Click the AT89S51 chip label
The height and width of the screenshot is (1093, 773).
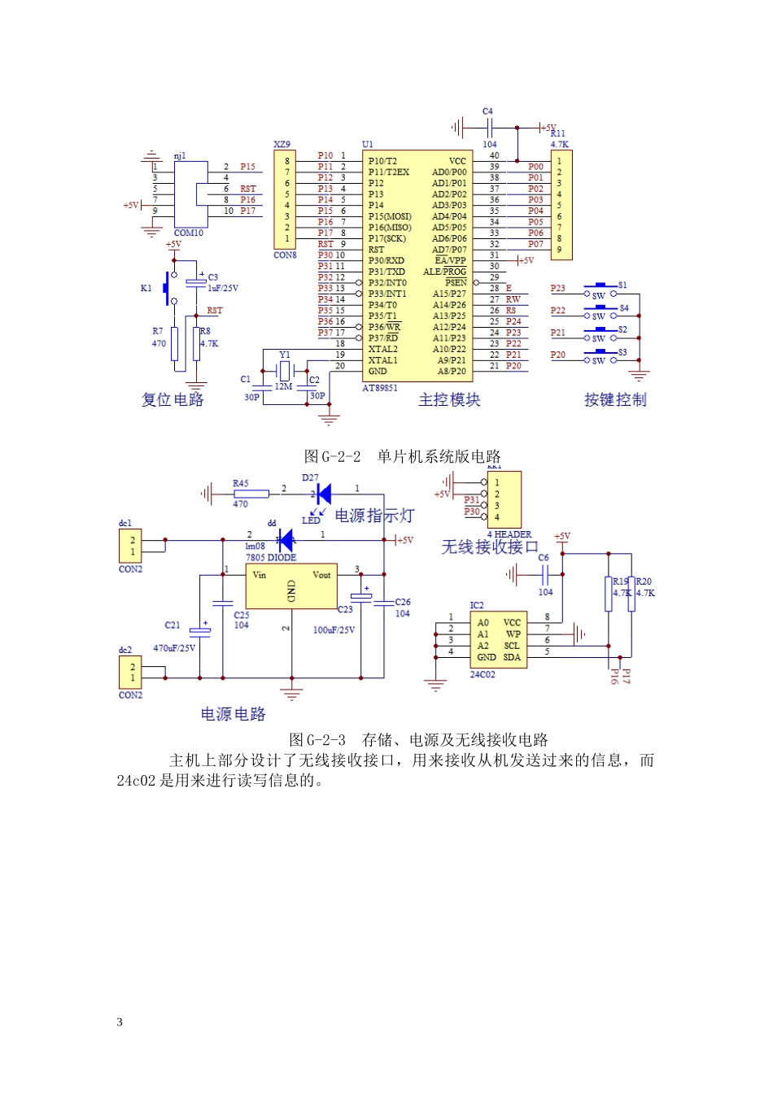379,388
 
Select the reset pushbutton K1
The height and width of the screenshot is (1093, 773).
168,289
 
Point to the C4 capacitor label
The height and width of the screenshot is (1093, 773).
487,111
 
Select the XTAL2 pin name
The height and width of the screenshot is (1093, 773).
382,349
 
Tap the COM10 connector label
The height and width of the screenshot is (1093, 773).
189,233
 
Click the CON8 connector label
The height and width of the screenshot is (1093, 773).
285,255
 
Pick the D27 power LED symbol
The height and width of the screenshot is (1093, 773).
323,493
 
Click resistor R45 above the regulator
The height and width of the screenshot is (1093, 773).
251,494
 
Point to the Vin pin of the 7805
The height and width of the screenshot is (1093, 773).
260,575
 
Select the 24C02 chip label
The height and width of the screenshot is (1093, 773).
482,674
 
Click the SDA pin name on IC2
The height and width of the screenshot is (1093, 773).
512,657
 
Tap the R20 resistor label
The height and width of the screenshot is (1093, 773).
644,581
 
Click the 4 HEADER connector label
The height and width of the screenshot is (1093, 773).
509,534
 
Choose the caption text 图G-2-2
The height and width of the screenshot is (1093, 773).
332,456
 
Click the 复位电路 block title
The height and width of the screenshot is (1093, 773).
173,399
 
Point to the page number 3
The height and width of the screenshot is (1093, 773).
120,1022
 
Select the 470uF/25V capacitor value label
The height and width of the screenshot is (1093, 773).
174,648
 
